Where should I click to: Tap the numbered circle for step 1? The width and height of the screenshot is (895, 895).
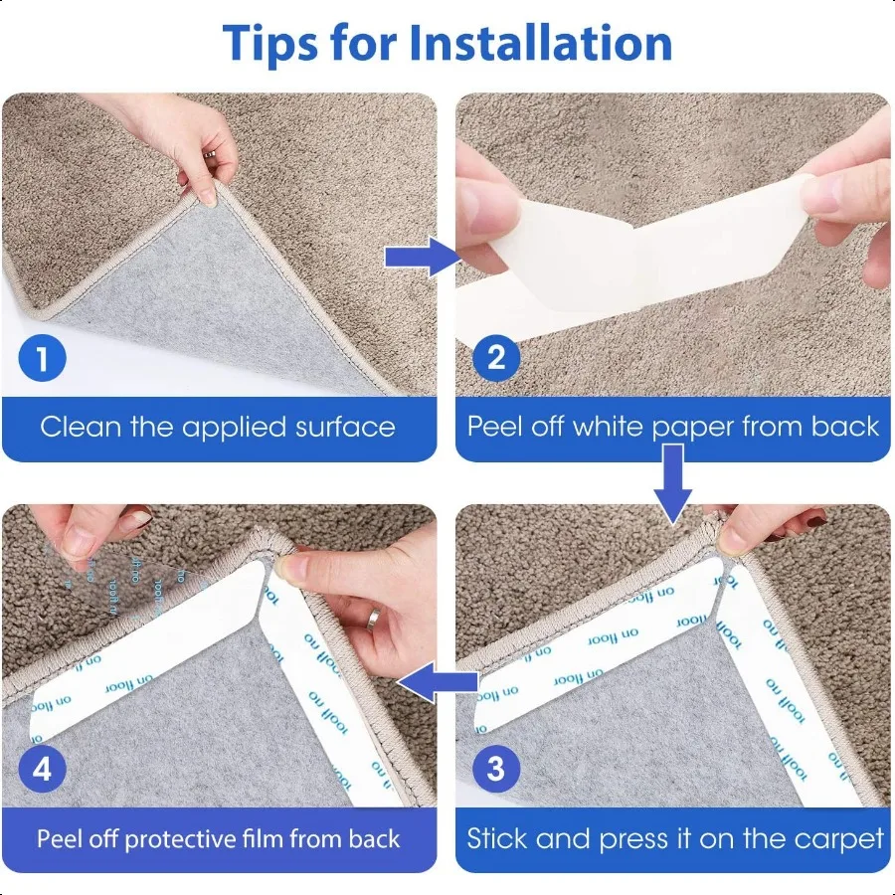[x=42, y=358]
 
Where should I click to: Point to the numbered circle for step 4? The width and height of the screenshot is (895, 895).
[x=42, y=768]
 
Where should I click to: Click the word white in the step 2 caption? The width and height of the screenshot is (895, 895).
[x=606, y=428]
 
